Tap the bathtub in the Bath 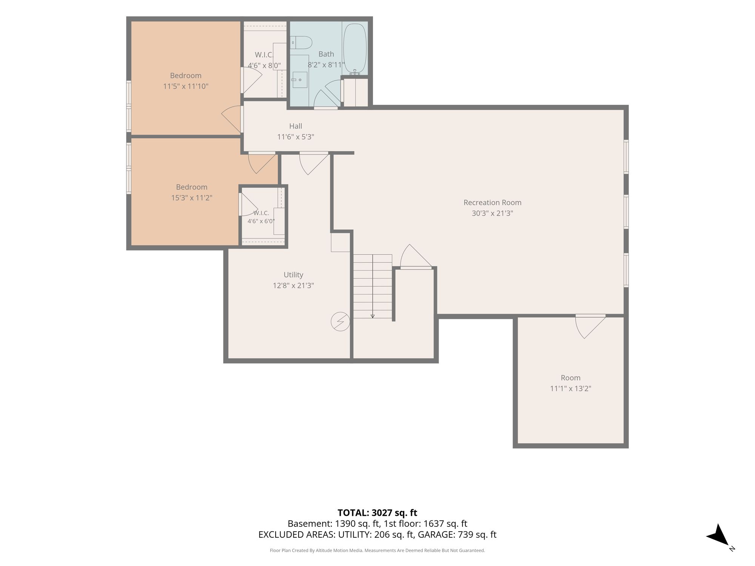(355, 48)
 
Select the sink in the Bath (300, 80)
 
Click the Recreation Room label (492, 203)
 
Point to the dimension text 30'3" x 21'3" (492, 213)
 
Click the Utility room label (293, 275)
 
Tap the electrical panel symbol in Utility (340, 321)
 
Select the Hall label (296, 126)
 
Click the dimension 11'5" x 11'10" (186, 86)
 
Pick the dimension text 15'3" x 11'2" (192, 198)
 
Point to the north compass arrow (718, 535)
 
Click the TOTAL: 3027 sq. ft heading (377, 513)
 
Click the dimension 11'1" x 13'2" (570, 388)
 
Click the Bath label (326, 54)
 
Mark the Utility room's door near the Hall (314, 163)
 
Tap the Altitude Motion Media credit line (377, 551)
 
